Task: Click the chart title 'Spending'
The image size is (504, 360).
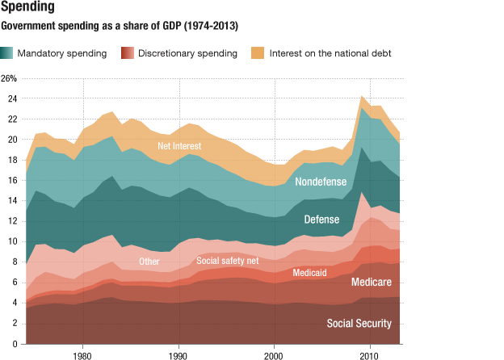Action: [x=27, y=8]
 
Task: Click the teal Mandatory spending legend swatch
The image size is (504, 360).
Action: [x=7, y=53]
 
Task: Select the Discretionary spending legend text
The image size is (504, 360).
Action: [x=187, y=53]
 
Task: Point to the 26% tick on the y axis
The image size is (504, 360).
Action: [x=9, y=79]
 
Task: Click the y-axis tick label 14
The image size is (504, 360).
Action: [x=12, y=201]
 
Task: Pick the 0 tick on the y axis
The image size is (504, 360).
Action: [x=14, y=344]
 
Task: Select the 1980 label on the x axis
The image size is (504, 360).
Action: [x=82, y=354]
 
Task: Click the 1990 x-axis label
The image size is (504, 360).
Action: [x=178, y=354]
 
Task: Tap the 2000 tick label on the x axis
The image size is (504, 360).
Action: [x=275, y=354]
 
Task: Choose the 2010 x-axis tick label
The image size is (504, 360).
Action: [x=370, y=354]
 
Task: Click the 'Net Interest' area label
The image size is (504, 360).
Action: [x=178, y=146]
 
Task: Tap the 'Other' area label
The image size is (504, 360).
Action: [x=149, y=262]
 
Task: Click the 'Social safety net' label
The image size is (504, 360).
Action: [x=228, y=262]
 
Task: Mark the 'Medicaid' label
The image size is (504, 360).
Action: [x=309, y=273]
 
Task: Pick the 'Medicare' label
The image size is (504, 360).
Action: [x=371, y=283]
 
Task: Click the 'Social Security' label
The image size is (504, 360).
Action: [x=359, y=323]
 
